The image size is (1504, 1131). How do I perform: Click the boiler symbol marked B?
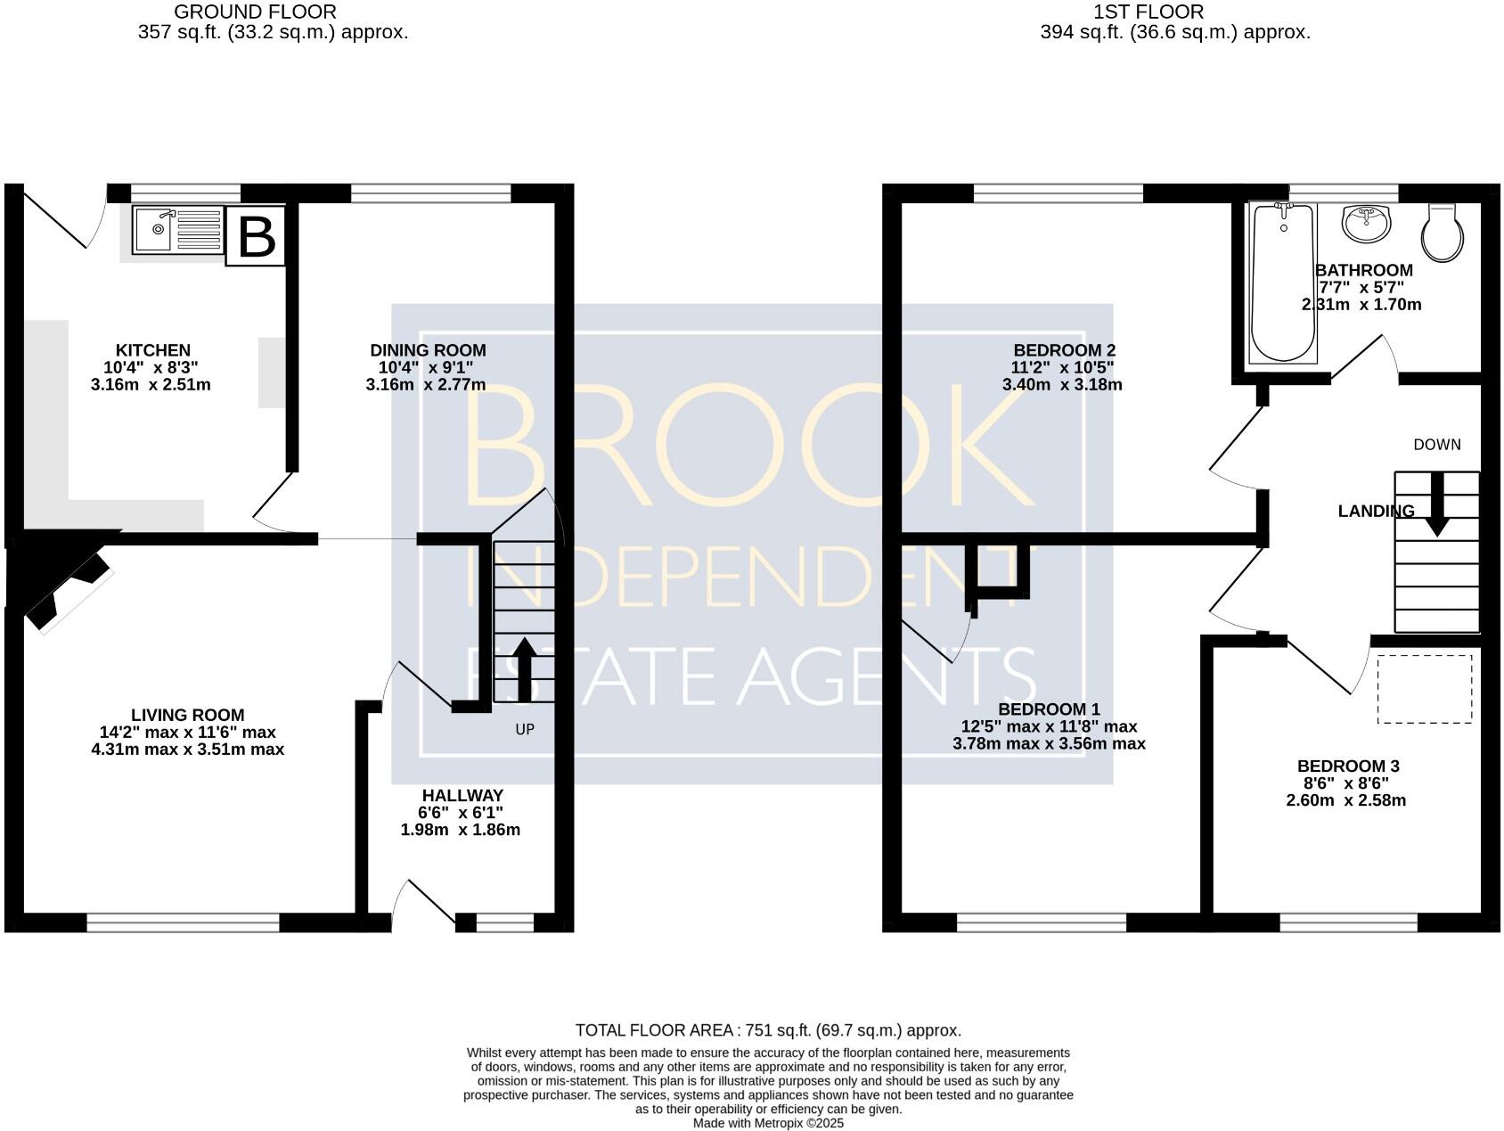click(x=256, y=236)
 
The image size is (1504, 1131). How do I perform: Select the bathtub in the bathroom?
click(x=1282, y=283)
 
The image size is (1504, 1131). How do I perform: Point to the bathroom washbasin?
click(x=1365, y=223)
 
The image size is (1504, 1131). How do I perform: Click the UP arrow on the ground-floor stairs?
click(x=523, y=668)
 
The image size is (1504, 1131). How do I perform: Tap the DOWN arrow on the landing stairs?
click(x=1436, y=504)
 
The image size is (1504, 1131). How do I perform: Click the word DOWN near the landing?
click(x=1436, y=445)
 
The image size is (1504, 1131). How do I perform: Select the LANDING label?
click(x=1376, y=511)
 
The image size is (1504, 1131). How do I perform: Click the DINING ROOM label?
click(x=428, y=350)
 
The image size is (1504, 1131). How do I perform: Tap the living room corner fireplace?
click(x=62, y=579)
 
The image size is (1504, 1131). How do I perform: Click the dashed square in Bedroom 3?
click(x=1424, y=689)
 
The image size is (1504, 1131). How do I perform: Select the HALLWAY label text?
click(x=462, y=795)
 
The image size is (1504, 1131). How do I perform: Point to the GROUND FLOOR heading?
click(x=255, y=12)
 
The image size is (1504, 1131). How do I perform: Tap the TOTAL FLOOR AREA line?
click(x=768, y=1030)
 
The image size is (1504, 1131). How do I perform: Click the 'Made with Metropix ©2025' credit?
click(x=768, y=1123)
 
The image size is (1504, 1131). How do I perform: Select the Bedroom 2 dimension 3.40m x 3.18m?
click(x=1062, y=385)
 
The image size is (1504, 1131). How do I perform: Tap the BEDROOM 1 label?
click(x=1049, y=709)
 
